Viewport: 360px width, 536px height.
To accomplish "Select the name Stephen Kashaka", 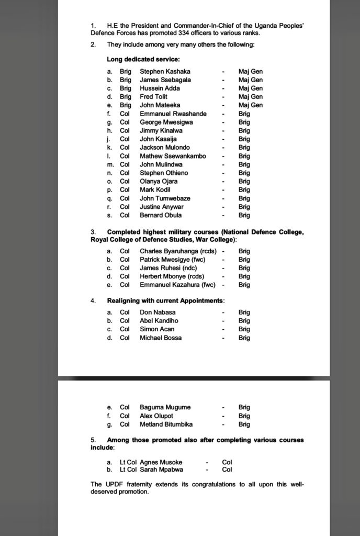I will [165, 71].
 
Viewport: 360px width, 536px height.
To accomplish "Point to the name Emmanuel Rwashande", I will [173, 114].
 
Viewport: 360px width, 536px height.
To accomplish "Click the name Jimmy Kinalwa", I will [161, 130].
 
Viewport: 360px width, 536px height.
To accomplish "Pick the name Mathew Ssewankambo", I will [173, 156].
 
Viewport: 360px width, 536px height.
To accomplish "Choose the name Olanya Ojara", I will [159, 181].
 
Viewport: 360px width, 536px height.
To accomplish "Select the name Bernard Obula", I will [161, 215].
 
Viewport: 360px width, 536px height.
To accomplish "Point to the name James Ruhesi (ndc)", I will [172, 268].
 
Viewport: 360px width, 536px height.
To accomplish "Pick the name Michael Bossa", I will [161, 338].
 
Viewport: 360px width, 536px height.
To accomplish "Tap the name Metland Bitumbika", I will [166, 424].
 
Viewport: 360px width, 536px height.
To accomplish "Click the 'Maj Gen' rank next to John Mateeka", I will [250, 105].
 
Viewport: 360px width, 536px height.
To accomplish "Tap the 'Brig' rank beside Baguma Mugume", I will [244, 407].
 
